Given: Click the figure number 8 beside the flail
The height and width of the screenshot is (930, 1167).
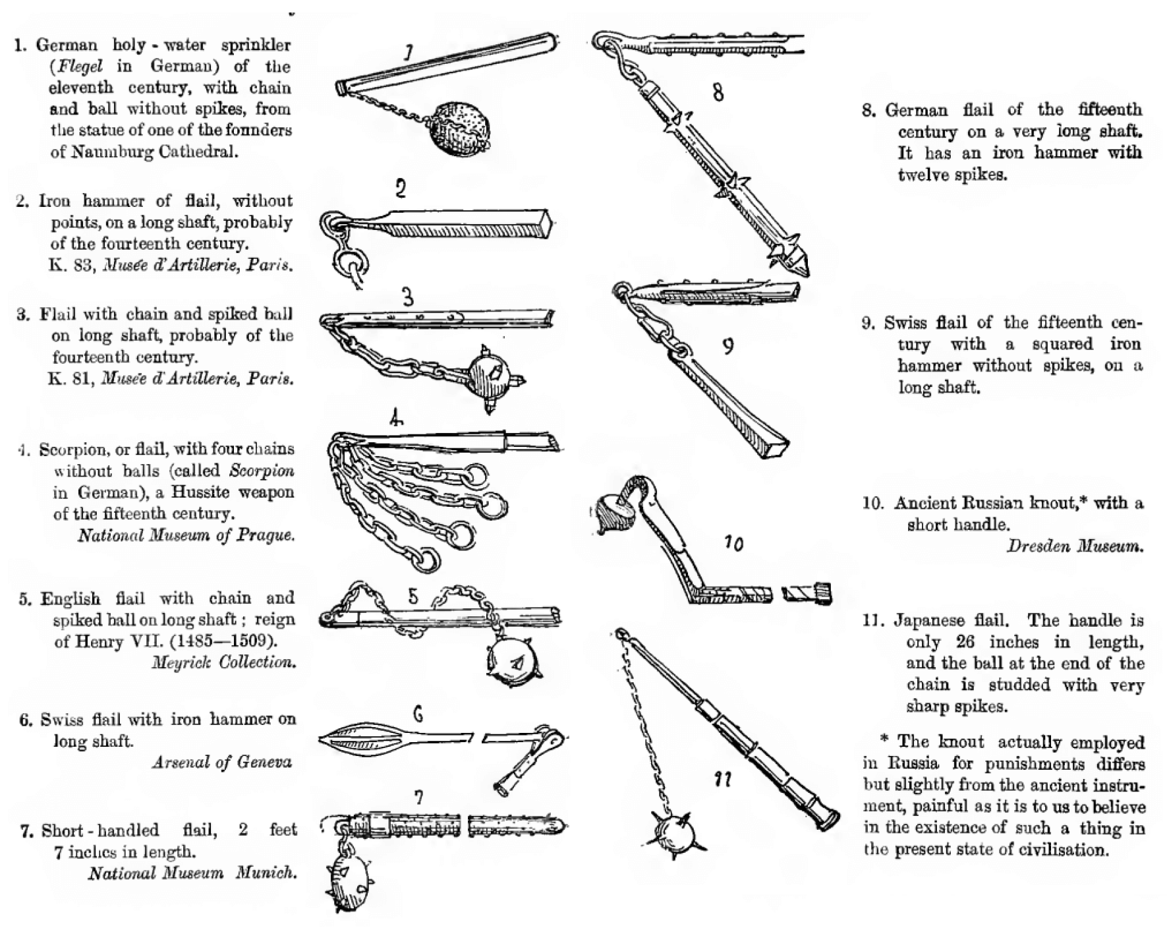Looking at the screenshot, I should pyautogui.click(x=718, y=92).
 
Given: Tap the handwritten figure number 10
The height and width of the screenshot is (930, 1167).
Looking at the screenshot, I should pyautogui.click(x=733, y=544).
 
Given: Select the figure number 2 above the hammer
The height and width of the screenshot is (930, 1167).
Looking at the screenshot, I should pyautogui.click(x=401, y=189).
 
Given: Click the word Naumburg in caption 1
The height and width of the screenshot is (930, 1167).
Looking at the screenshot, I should pyautogui.click(x=101, y=152).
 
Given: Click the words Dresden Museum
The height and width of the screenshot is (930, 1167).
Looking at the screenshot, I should pyautogui.click(x=1075, y=546).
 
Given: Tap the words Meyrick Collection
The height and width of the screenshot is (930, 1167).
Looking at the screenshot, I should pyautogui.click(x=223, y=662).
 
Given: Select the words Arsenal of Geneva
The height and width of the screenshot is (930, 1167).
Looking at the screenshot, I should pyautogui.click(x=222, y=763).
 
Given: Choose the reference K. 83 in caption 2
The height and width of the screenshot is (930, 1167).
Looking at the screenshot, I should pyautogui.click(x=73, y=266).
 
